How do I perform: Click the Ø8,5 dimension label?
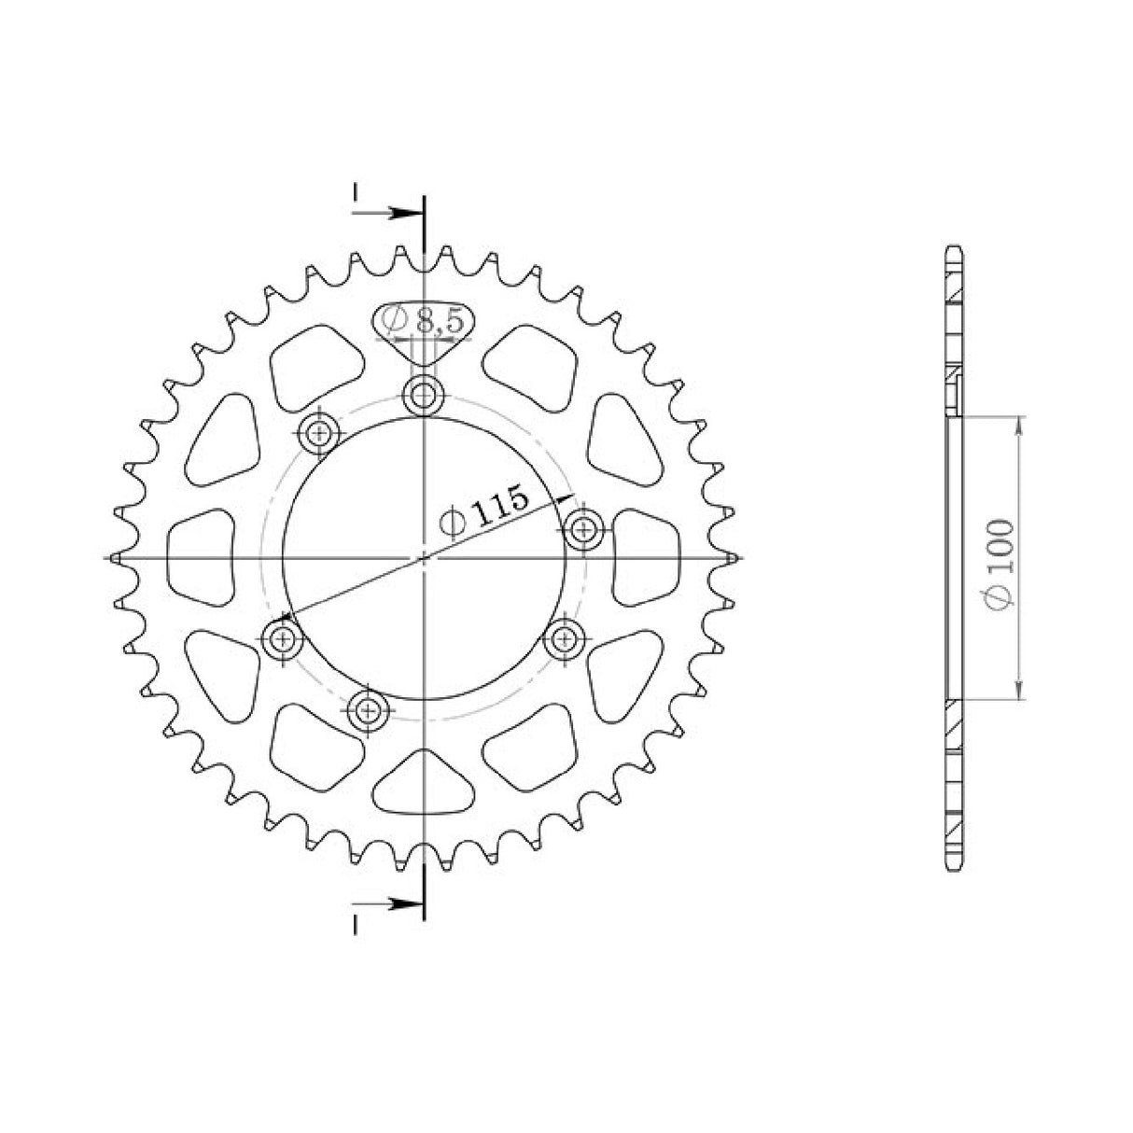click(x=421, y=321)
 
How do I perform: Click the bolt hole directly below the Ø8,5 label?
click(x=424, y=395)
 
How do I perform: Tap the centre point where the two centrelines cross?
click(x=424, y=557)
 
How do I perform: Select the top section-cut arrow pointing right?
click(x=388, y=213)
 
